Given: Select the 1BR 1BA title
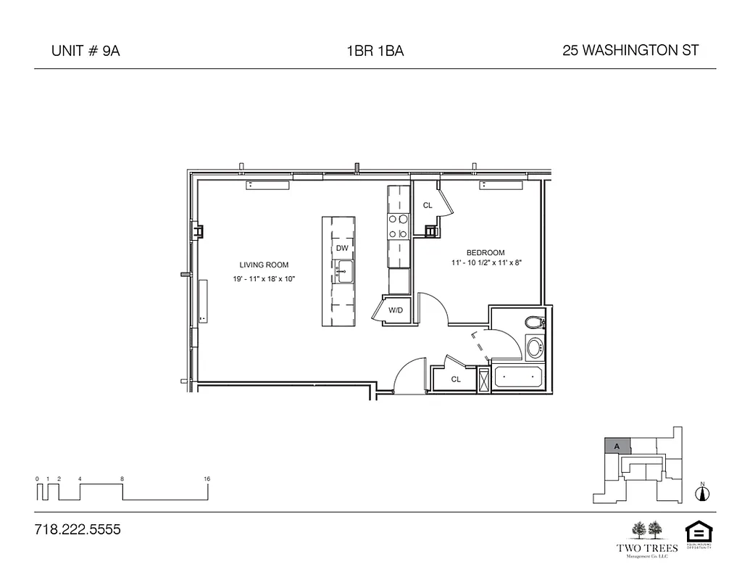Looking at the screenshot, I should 375,51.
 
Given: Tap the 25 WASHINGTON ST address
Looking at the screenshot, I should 630,50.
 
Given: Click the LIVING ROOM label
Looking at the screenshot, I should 264,265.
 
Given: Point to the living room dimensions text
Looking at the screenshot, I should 264,278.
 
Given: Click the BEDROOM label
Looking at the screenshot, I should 486,252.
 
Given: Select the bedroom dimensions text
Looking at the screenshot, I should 486,262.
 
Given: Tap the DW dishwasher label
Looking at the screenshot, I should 342,248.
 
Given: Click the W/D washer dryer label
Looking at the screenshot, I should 395,310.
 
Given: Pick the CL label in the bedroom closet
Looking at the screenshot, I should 428,205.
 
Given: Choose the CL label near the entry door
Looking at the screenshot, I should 456,378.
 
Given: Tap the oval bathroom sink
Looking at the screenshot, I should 535,347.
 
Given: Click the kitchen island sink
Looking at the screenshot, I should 342,272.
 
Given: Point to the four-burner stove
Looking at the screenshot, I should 398,226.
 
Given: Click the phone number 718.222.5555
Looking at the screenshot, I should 78,529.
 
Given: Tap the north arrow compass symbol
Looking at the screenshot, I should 701,493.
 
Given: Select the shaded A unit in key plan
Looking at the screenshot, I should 617,447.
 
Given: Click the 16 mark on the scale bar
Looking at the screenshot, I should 207,479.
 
